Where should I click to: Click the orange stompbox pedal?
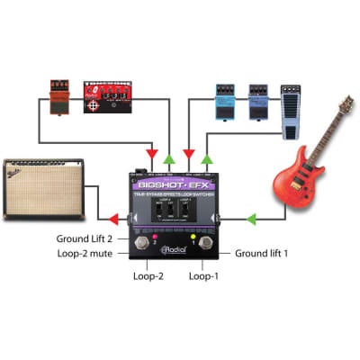[x=58, y=97]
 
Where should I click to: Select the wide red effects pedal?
[x=107, y=98]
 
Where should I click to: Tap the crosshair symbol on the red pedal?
[x=93, y=106]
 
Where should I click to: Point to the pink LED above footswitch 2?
[x=154, y=239]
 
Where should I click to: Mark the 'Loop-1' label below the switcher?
[x=202, y=276]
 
